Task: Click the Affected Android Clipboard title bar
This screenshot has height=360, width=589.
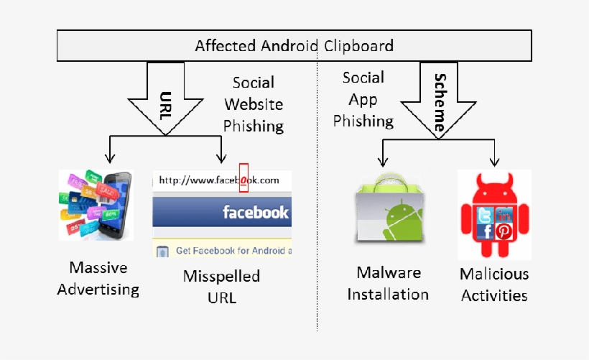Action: [x=294, y=46]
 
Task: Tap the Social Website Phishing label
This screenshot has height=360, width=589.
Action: [x=253, y=104]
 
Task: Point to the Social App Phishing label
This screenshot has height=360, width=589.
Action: [x=363, y=99]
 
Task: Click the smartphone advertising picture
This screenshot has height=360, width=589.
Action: [x=96, y=205]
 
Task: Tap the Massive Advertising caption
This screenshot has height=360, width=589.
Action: [x=98, y=278]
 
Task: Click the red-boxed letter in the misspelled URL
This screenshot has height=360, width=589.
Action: [x=244, y=180]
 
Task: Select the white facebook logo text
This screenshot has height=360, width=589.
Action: [x=255, y=213]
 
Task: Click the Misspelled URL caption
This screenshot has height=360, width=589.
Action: [x=221, y=286]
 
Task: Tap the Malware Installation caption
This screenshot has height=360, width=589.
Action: [x=388, y=283]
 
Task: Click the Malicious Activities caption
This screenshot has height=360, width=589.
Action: [x=494, y=284]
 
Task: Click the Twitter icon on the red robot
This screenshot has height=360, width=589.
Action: [x=486, y=215]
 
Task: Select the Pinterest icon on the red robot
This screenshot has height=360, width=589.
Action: [x=503, y=231]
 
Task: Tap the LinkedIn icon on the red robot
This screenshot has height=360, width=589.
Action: [x=504, y=214]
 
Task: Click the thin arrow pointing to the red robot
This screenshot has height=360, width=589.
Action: [x=495, y=152]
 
